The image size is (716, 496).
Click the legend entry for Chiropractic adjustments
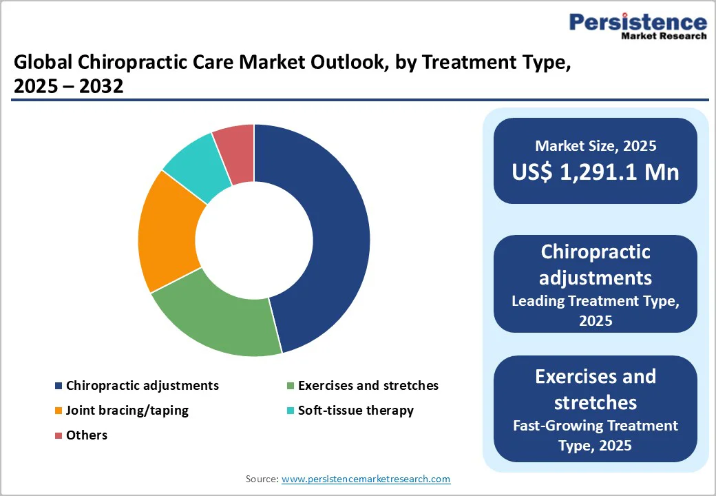(142, 386)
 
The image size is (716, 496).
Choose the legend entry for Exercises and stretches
(368, 386)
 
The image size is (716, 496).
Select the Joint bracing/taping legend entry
(127, 411)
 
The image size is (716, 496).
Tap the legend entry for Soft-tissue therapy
(355, 411)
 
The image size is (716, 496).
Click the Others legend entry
(86, 435)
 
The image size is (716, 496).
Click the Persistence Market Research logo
(637, 26)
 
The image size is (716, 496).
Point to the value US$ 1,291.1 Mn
(595, 172)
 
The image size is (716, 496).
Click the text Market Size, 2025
(595, 145)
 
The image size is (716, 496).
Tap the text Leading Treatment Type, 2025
(595, 311)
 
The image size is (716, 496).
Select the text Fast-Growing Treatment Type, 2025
(595, 435)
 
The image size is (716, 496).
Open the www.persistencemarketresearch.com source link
(366, 479)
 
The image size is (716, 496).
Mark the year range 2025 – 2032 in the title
(69, 87)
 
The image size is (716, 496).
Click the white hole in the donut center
(254, 240)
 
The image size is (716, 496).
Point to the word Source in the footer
(261, 479)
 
